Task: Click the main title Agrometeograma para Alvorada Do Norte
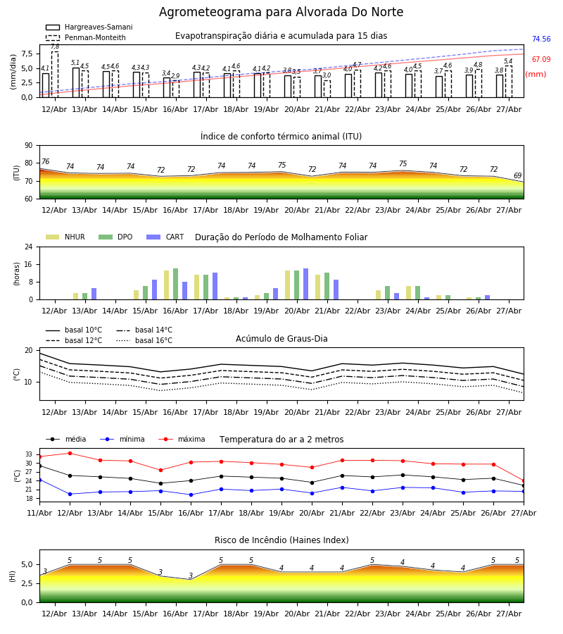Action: [281, 12]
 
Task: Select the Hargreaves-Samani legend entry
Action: [89, 27]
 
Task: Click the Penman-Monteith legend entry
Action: [86, 37]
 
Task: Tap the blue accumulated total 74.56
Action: [541, 39]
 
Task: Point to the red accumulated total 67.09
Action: [541, 59]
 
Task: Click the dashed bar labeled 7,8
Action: [55, 75]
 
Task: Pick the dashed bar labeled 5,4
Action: [509, 82]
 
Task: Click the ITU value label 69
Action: [517, 175]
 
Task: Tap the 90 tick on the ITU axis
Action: [29, 146]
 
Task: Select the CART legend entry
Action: [165, 237]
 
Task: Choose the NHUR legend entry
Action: [65, 237]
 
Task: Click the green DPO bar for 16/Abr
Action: [176, 285]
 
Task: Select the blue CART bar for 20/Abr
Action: [305, 285]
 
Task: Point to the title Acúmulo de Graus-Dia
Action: [281, 339]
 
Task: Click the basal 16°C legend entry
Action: [144, 340]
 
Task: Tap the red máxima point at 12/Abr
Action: [70, 453]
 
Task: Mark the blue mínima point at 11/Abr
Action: [39, 480]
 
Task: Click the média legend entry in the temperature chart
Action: [66, 439]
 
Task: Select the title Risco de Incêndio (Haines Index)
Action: [281, 540]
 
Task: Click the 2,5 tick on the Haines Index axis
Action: [27, 583]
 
